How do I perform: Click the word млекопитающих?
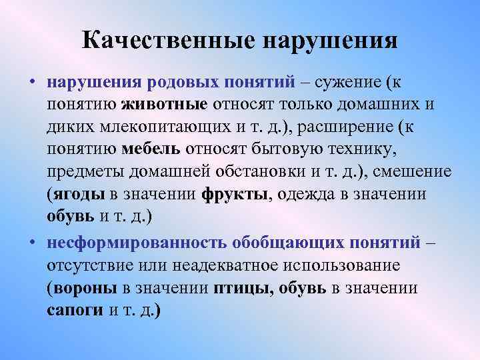[177, 127]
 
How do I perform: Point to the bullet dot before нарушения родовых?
[32, 83]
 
